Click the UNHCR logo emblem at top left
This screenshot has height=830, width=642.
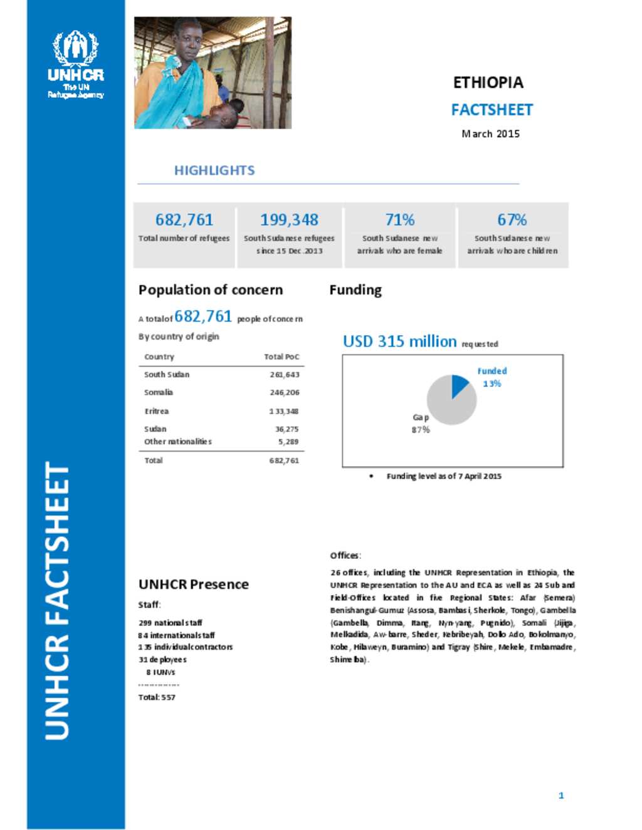pos(76,49)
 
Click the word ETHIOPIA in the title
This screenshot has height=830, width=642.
pos(488,83)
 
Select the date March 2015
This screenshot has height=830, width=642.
pos(490,133)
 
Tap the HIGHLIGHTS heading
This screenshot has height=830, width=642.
pos(214,170)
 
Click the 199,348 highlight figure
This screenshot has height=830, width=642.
pos(289,220)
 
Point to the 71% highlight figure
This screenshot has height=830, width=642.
pos(400,220)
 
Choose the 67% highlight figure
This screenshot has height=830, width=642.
pos(512,220)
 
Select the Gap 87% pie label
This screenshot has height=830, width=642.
pos(421,423)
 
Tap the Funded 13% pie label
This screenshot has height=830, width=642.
pos(492,377)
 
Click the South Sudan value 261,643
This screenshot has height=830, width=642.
pos(285,375)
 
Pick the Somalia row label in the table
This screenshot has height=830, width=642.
pos(159,392)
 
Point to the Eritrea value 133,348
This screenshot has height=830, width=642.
pos(284,412)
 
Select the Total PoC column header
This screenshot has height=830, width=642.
pos(282,356)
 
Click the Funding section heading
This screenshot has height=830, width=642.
pos(355,290)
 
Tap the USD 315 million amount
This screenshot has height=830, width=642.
pos(399,341)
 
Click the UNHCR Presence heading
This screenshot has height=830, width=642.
pos(194,584)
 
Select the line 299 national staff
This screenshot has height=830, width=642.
pos(171,623)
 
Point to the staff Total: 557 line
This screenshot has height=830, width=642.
pos(157,697)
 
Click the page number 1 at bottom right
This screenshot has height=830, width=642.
pos(561,796)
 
